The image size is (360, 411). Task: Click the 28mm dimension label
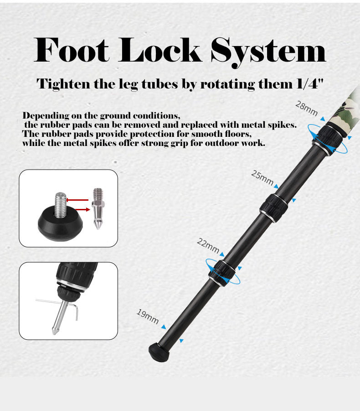[306, 108]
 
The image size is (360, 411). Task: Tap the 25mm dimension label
[262, 177]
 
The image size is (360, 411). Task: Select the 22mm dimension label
[208, 245]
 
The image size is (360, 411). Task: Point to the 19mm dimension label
[148, 316]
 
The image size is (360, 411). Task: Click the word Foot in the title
[71, 50]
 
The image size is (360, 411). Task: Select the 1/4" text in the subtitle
[310, 84]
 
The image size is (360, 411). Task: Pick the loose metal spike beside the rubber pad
[98, 208]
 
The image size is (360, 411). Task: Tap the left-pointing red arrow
[77, 200]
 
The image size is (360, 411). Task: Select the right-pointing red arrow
[82, 209]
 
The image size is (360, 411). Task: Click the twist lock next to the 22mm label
[222, 273]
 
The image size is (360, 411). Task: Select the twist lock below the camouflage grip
[328, 140]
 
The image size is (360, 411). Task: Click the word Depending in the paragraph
[46, 115]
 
